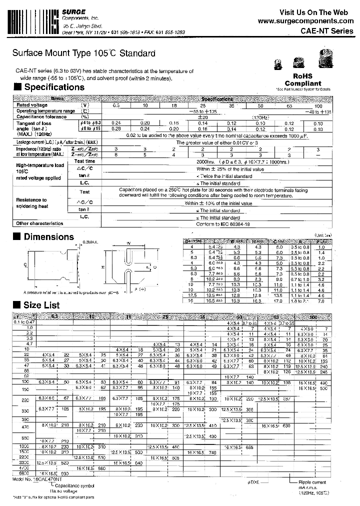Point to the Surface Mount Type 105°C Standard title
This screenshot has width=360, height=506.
tap(83, 53)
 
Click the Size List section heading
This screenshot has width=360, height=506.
tap(41, 305)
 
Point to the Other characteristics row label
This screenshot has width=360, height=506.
tap(39, 223)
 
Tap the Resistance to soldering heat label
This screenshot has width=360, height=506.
tap(31, 203)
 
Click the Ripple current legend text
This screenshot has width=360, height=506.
tap(312, 482)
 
